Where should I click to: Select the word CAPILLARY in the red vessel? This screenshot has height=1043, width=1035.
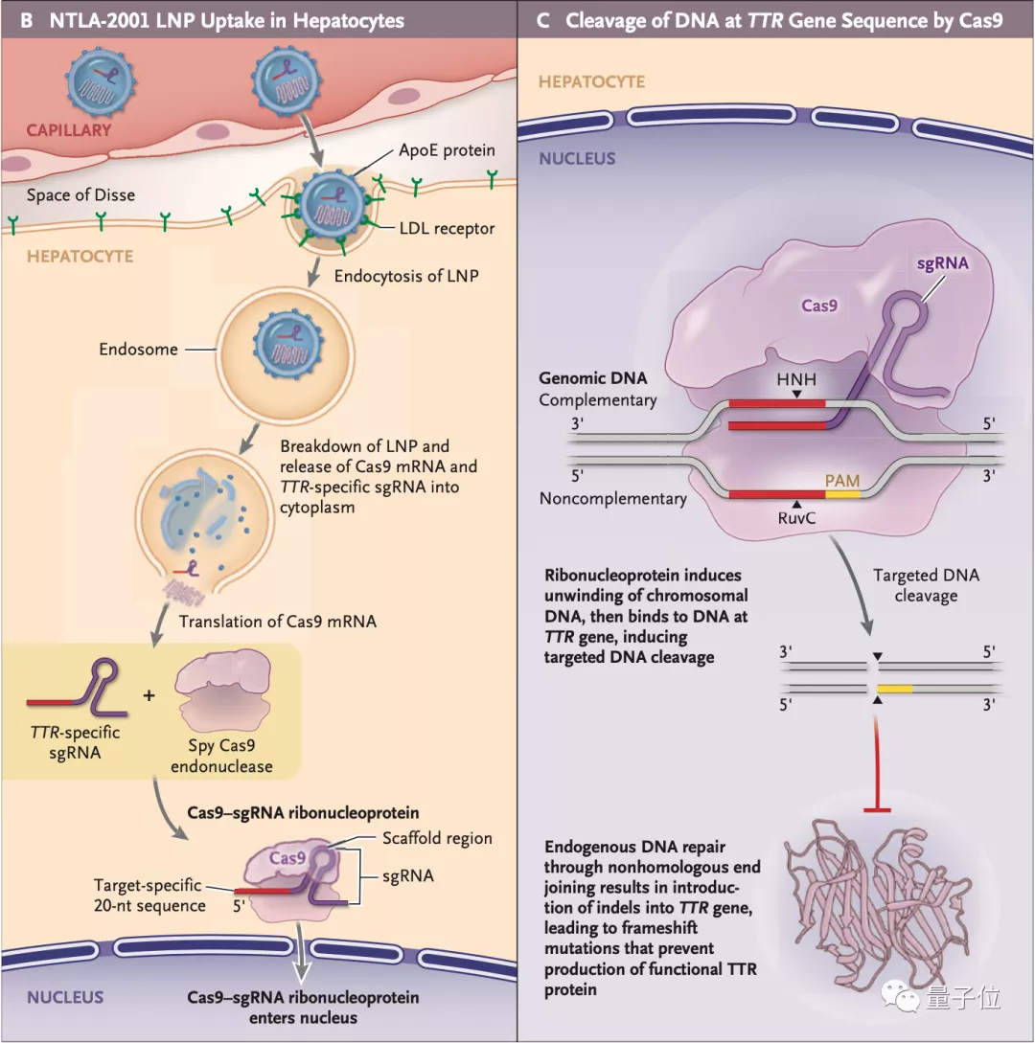68,129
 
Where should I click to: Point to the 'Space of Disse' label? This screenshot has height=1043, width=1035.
80,195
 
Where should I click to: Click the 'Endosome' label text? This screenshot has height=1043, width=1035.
138,350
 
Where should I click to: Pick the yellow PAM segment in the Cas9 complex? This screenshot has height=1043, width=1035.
843,494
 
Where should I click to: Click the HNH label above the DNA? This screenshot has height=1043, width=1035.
797,379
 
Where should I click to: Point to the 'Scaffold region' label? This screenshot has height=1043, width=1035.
437,838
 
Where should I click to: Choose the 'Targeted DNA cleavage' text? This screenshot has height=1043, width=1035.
925,585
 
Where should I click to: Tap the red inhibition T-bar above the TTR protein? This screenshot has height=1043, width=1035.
878,810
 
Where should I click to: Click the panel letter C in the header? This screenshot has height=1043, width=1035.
543,20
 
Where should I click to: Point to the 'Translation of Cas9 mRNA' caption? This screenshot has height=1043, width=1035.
278,622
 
